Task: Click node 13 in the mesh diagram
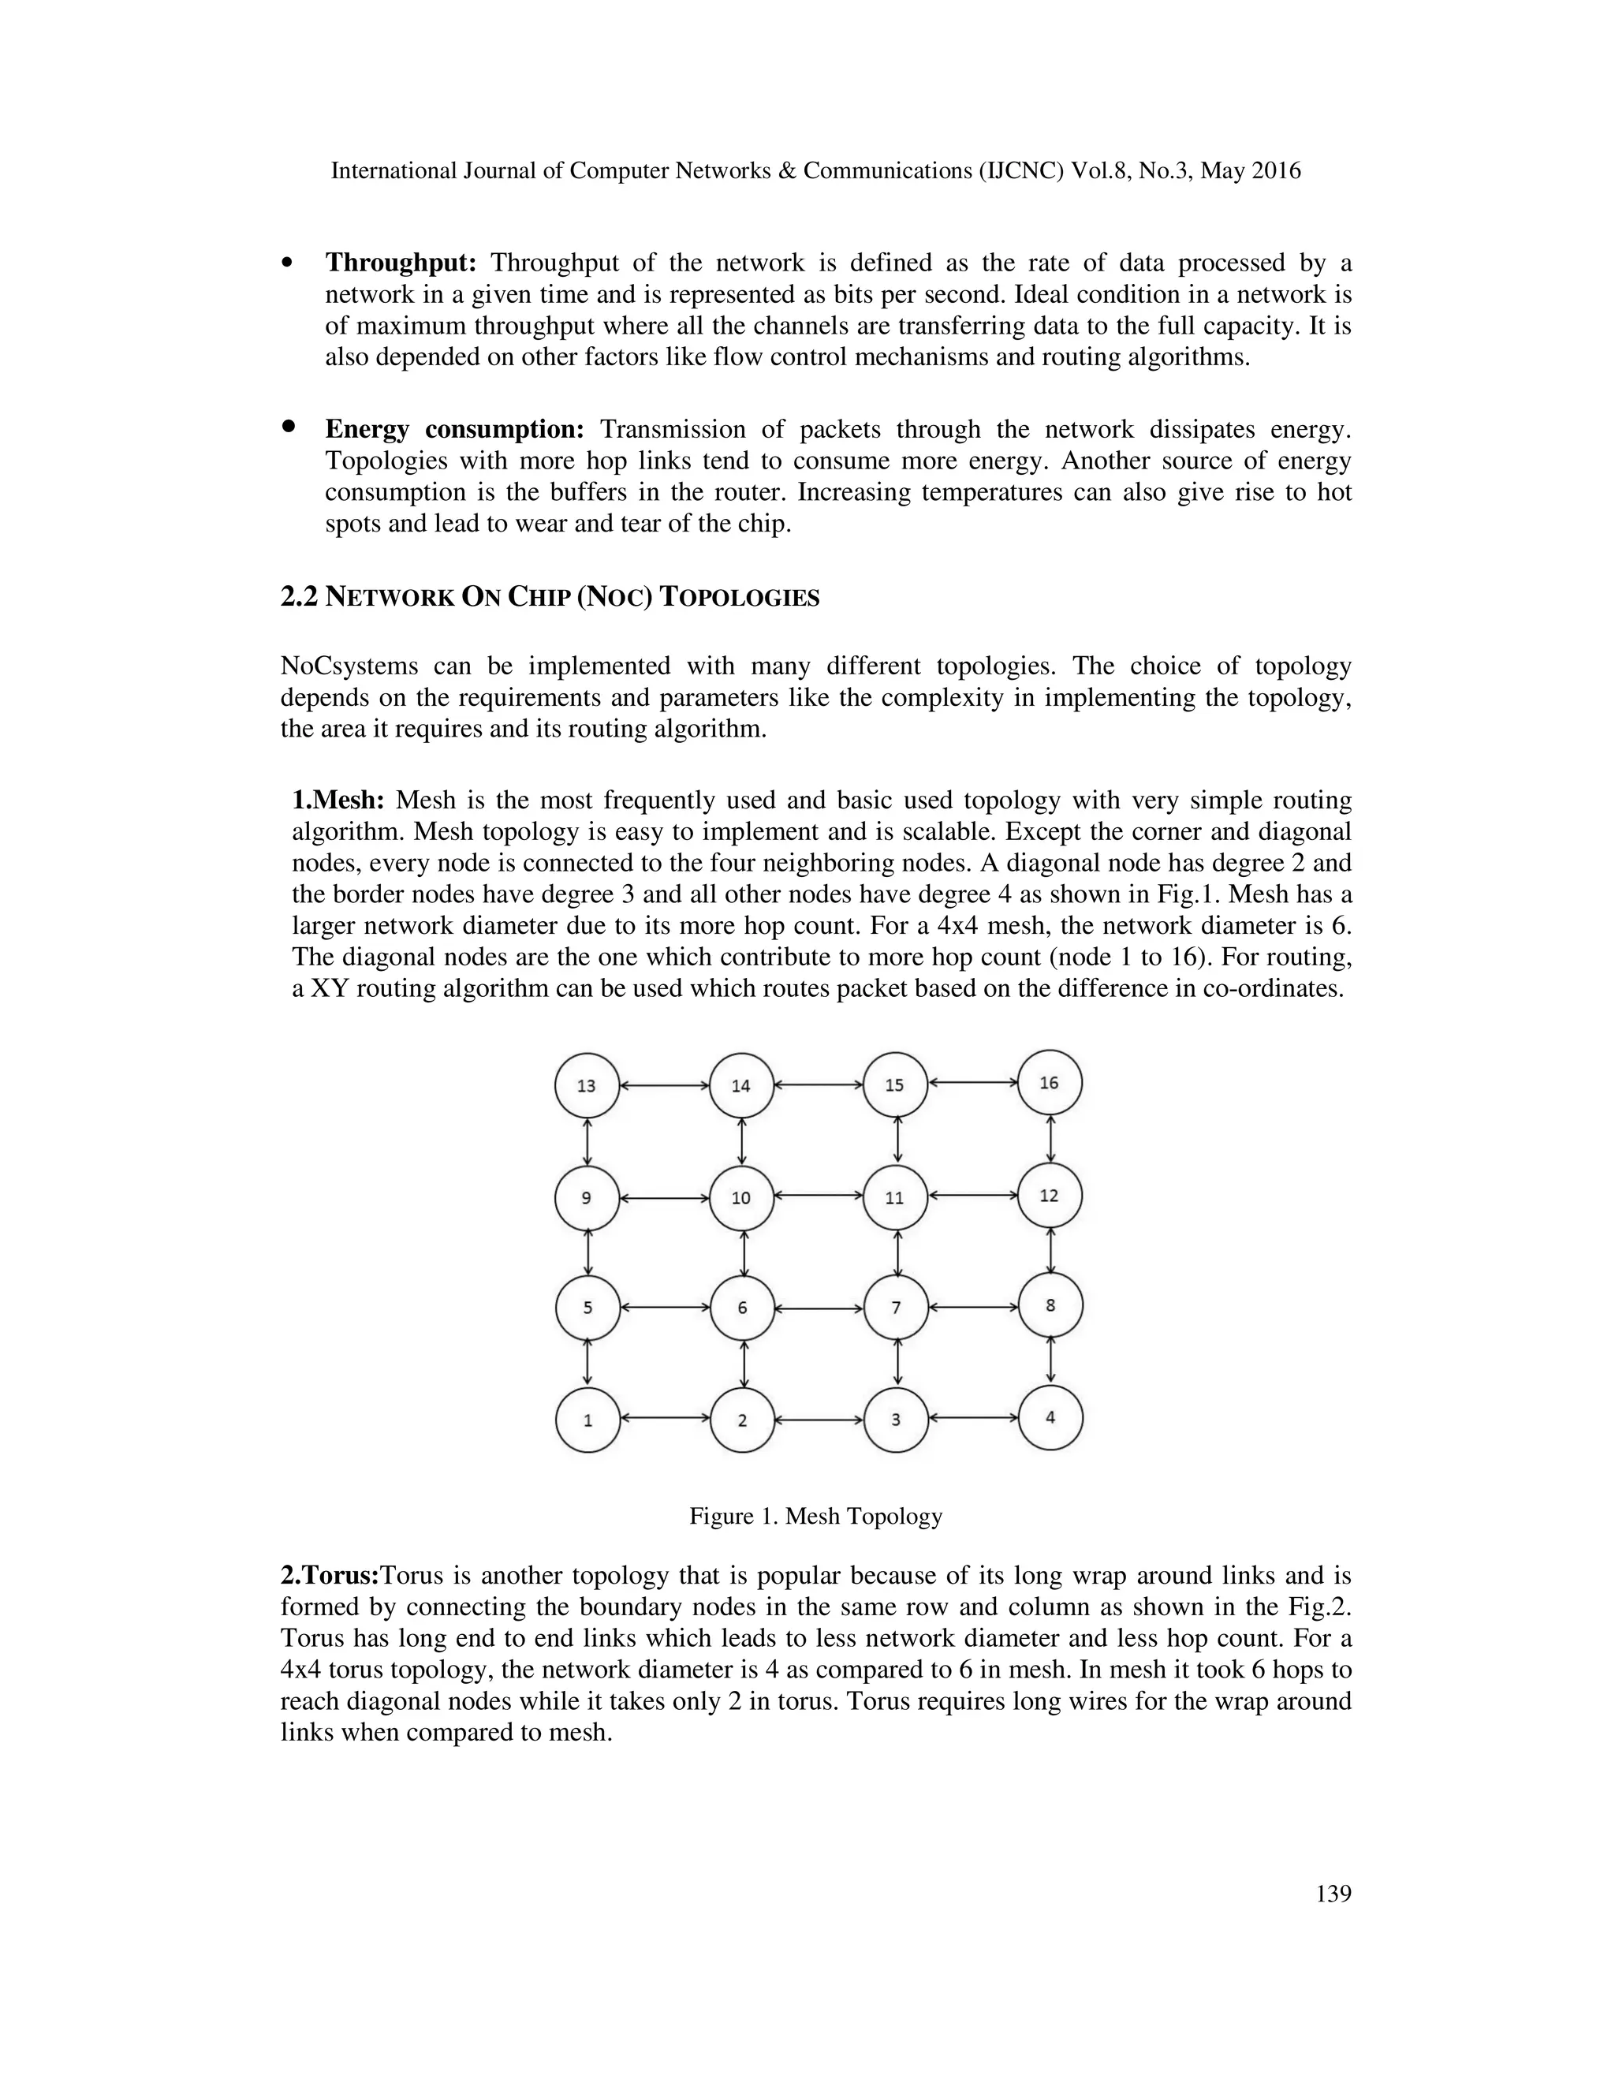pos(587,1085)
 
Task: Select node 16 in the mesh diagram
pos(1050,1082)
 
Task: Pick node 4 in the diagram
pos(1050,1417)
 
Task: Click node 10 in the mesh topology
pos(741,1198)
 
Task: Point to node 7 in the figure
pos(896,1307)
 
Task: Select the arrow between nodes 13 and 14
pos(664,1085)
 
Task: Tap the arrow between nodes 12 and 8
pos(1050,1251)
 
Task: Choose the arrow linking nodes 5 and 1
pos(587,1364)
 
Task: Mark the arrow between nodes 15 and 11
pos(897,1140)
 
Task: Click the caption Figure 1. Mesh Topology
pos(816,1517)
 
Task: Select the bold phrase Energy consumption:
pos(454,430)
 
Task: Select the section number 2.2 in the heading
pos(299,597)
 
